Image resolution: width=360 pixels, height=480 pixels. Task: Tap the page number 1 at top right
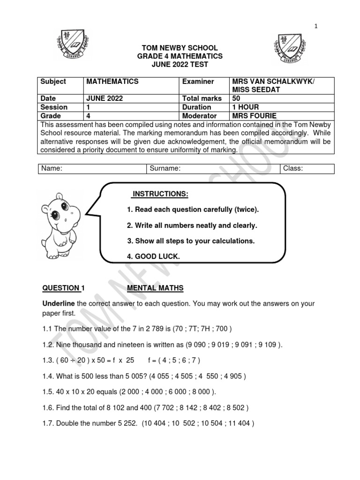point(316,26)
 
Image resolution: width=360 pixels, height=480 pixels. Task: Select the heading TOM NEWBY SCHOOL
point(180,48)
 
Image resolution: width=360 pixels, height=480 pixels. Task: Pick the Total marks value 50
point(236,98)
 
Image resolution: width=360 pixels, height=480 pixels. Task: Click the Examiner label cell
point(198,82)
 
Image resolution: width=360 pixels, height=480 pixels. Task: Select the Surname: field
point(213,168)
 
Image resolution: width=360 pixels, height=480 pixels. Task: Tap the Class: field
point(307,168)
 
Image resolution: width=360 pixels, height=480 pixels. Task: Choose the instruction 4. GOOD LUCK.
point(153,256)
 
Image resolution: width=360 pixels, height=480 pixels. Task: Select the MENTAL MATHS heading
point(155,288)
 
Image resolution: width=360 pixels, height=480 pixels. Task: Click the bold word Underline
point(59,304)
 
